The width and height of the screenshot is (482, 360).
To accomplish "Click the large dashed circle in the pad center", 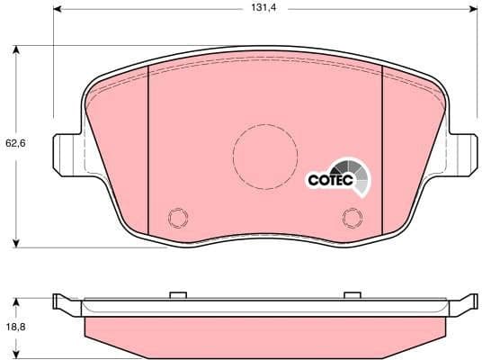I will tap(265, 156).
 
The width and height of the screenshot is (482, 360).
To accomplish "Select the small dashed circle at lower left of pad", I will tap(177, 219).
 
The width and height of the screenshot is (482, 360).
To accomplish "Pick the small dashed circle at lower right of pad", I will tap(352, 219).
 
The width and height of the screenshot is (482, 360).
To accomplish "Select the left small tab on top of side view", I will tap(177, 294).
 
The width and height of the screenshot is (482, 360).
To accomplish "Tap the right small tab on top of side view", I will tap(352, 294).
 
